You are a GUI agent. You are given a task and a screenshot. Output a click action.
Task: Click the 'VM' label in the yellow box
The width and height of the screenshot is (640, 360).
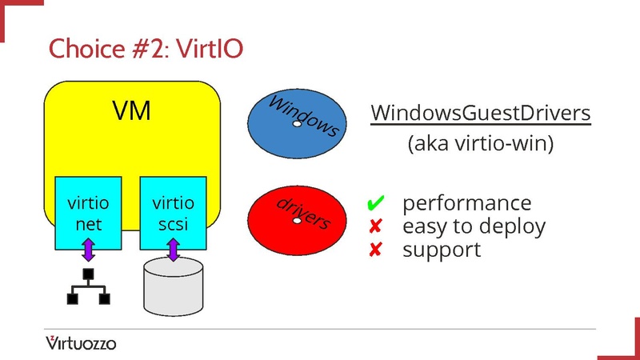coord(131,110)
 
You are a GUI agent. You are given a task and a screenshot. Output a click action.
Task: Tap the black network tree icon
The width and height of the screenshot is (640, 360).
coord(88,288)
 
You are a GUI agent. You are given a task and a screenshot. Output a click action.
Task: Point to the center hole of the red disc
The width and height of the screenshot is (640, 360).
coord(297,220)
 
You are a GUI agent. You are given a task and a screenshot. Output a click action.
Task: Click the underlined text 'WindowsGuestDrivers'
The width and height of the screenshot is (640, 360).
coord(480,114)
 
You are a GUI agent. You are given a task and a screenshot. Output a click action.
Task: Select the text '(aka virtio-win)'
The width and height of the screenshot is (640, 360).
coord(480,145)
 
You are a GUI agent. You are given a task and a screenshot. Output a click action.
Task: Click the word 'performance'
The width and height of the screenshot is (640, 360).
coord(466,203)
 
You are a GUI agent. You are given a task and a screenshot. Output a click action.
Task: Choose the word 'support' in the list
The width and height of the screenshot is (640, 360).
coord(442,250)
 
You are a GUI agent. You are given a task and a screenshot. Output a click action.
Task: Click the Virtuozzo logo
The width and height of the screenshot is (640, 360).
coord(80,343)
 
